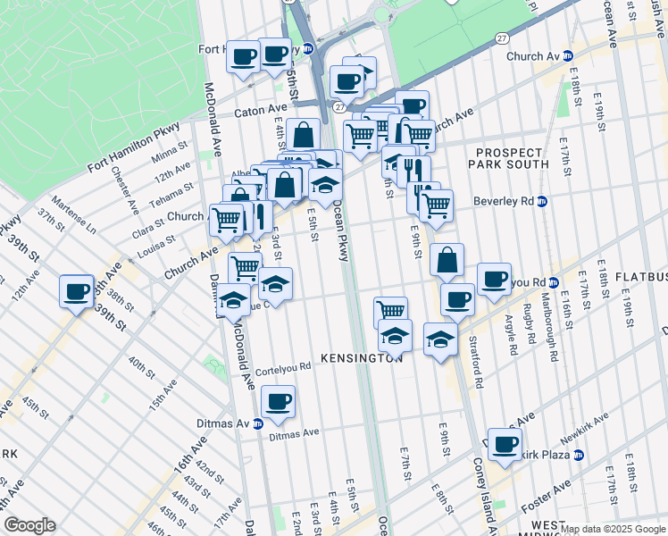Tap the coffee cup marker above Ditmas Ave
click(279, 401)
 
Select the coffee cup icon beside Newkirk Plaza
click(505, 443)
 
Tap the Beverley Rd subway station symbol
click(541, 201)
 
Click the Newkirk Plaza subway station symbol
click(579, 455)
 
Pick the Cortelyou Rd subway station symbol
click(553, 283)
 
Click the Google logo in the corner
click(29, 525)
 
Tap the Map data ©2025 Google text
click(613, 529)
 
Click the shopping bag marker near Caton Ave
click(304, 134)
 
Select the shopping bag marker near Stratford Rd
click(447, 260)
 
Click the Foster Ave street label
click(551, 490)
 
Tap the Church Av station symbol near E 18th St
click(568, 55)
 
